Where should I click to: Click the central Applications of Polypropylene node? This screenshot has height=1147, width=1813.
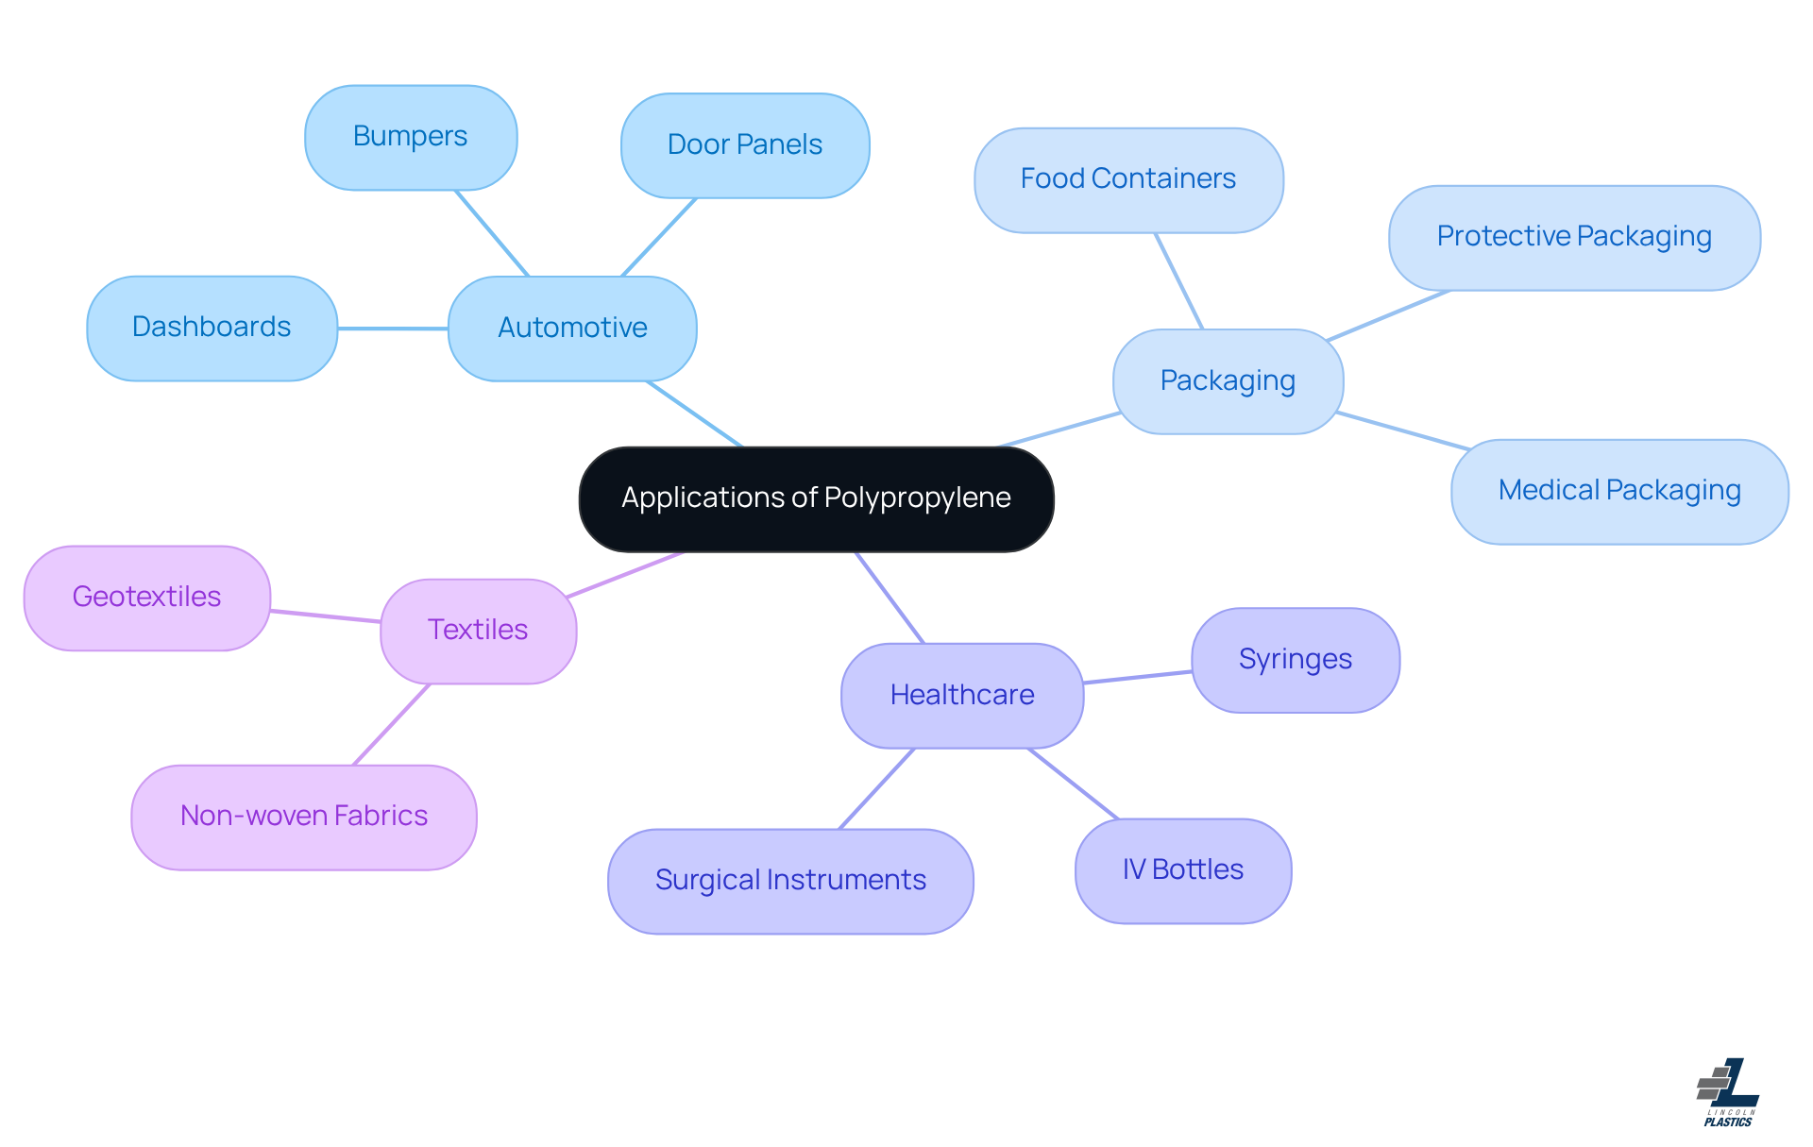(816, 498)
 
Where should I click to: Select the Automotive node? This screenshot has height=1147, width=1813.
(572, 329)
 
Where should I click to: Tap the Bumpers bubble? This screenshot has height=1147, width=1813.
(411, 138)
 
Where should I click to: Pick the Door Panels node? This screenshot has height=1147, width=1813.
(745, 145)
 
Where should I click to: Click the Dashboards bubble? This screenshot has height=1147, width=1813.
(212, 328)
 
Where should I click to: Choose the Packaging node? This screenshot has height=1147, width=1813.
(1228, 381)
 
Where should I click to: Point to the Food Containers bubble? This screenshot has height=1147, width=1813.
(1128, 179)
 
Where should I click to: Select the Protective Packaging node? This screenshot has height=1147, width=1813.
(1574, 237)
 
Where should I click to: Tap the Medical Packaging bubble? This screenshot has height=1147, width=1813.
(1619, 491)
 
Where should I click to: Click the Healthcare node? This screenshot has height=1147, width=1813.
(962, 696)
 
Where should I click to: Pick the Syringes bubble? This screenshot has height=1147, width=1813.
(1296, 660)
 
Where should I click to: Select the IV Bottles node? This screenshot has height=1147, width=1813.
(1183, 870)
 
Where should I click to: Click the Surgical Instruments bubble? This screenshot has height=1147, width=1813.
(790, 881)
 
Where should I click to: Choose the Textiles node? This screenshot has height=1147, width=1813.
(478, 631)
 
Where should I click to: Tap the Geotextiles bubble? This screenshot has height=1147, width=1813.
(147, 598)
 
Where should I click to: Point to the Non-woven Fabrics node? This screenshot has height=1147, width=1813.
(304, 817)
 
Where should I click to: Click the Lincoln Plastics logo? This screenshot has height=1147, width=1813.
(1729, 1092)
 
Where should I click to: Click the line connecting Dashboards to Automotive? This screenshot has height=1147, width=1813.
(393, 329)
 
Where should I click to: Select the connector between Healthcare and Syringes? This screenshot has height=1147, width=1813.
(1138, 677)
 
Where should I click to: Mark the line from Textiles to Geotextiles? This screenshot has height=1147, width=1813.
(326, 616)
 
